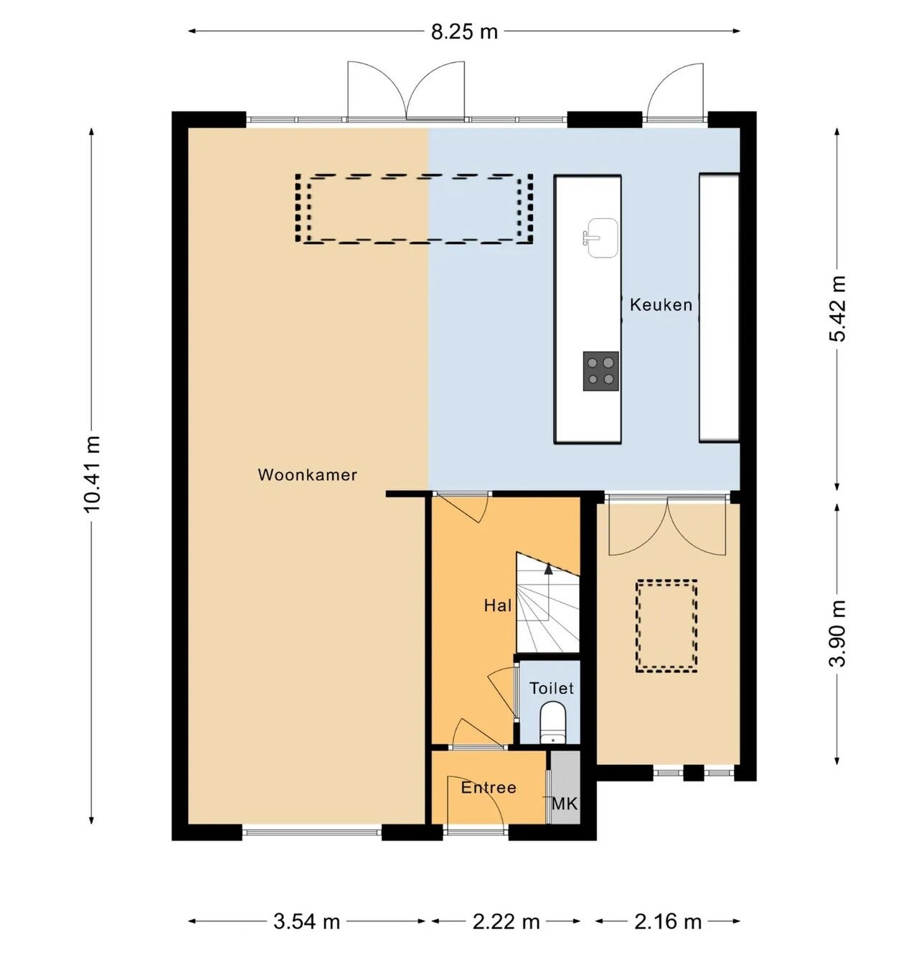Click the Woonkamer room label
[x=307, y=475]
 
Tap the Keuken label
[x=661, y=305]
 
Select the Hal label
[x=498, y=606]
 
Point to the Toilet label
[x=552, y=688]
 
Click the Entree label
[x=489, y=788]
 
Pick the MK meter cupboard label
[x=565, y=804]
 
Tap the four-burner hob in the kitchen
[x=600, y=372]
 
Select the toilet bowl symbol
[x=552, y=723]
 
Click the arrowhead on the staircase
[x=549, y=568]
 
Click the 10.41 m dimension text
[x=93, y=474]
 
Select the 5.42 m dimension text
[x=837, y=309]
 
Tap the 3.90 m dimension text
[x=837, y=634]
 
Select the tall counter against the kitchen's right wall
[x=720, y=307]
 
